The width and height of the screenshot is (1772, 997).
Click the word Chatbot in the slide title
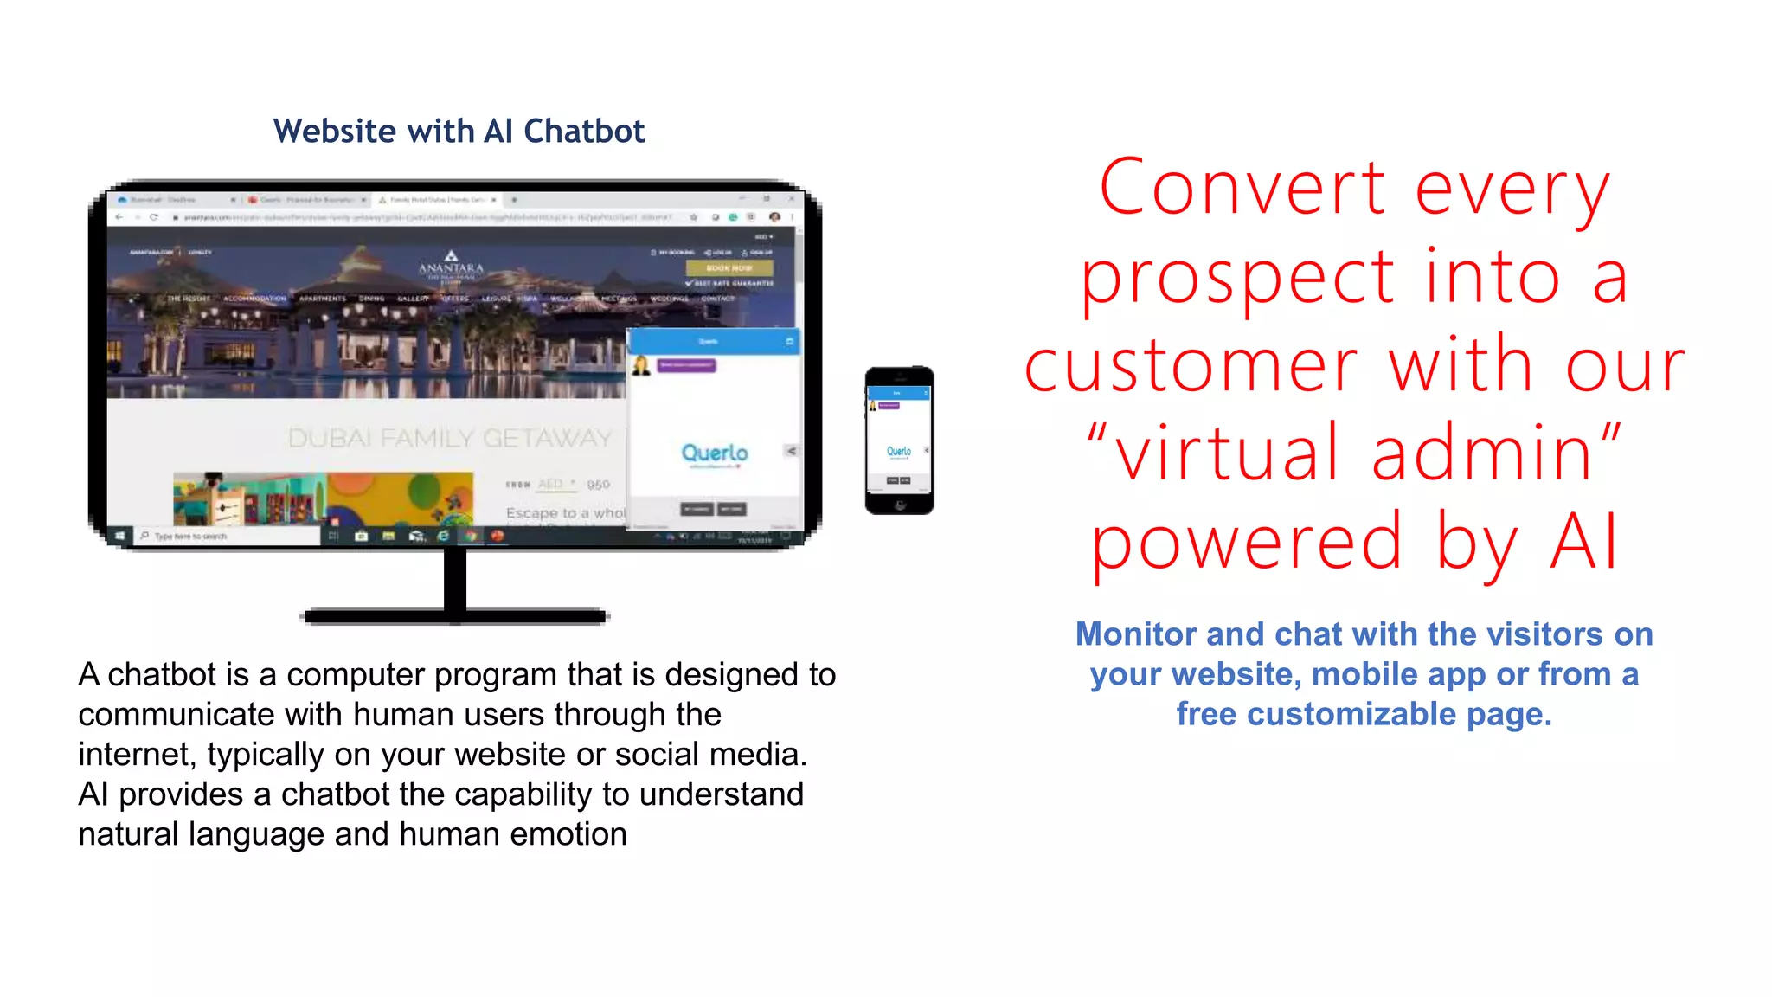point(584,132)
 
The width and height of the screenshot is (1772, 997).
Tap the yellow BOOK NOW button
point(729,268)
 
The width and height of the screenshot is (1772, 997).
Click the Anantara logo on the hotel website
point(451,267)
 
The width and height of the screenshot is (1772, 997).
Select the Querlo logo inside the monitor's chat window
point(715,453)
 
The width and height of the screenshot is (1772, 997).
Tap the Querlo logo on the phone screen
point(899,452)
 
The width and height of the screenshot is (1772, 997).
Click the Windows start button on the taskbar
point(120,537)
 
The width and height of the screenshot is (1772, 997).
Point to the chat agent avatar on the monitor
point(641,366)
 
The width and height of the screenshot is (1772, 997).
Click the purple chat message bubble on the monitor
point(686,365)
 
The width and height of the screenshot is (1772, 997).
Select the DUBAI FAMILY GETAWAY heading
point(449,438)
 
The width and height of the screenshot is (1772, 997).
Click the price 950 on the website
point(598,485)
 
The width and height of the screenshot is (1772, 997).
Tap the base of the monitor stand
point(455,616)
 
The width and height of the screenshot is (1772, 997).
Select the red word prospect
point(1237,279)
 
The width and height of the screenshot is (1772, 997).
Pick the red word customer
point(1191,367)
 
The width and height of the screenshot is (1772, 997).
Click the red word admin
point(1481,453)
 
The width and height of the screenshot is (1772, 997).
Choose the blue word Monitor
point(1135,634)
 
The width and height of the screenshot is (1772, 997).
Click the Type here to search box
point(229,537)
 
